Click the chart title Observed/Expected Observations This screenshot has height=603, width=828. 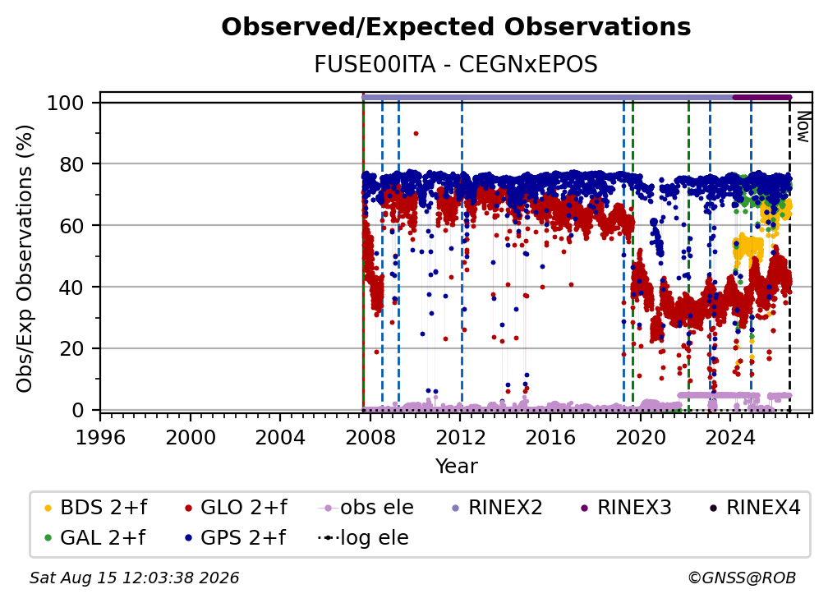click(456, 27)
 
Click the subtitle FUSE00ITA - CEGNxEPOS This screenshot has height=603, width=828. click(456, 64)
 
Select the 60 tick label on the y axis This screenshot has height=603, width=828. click(71, 225)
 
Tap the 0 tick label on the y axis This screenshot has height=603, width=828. click(78, 410)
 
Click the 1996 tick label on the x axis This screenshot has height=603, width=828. click(100, 438)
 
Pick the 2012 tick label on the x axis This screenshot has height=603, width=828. click(460, 438)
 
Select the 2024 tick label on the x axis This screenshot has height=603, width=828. click(729, 438)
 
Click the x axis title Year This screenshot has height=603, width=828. click(456, 467)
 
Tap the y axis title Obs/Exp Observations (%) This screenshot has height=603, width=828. click(25, 258)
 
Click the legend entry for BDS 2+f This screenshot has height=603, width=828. click(96, 508)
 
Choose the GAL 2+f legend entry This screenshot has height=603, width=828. click(95, 537)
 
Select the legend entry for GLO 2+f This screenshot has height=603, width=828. click(236, 508)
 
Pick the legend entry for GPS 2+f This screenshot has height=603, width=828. click(236, 537)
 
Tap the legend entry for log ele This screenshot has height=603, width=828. click(363, 537)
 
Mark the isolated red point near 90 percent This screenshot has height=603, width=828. click(416, 134)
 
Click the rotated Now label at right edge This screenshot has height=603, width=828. click(803, 127)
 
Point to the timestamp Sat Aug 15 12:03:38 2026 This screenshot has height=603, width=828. click(134, 578)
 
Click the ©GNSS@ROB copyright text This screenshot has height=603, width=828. click(742, 578)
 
